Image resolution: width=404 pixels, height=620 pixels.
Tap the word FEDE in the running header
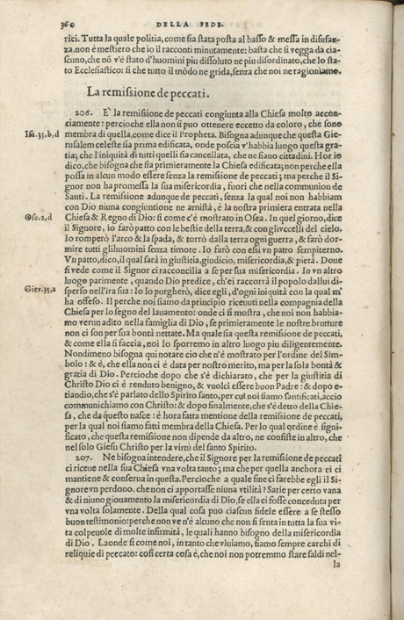click(235, 12)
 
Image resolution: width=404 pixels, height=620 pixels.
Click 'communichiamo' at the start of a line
click(97, 420)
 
